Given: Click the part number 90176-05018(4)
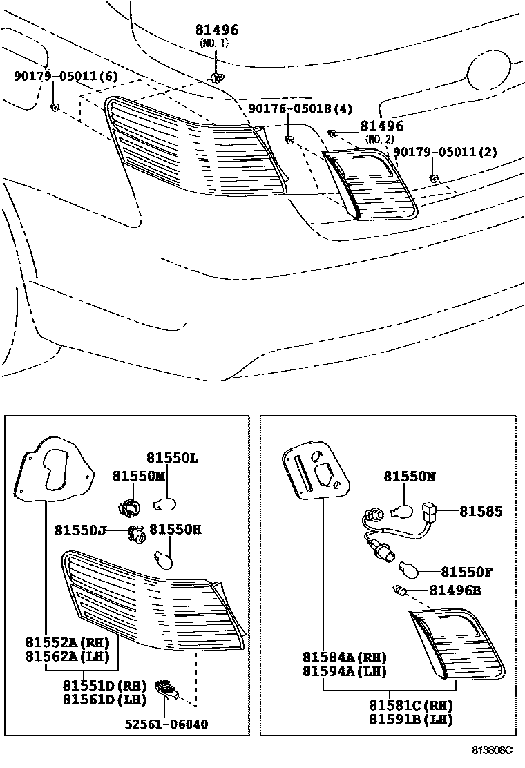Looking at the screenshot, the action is [x=300, y=108].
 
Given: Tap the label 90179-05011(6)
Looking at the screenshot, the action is [x=66, y=75].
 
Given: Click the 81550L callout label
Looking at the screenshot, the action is [x=173, y=457].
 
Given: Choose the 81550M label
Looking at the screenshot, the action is [x=139, y=476].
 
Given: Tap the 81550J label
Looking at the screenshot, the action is [x=80, y=530].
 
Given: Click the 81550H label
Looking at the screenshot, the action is [x=175, y=530].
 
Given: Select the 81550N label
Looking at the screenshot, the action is [x=410, y=476].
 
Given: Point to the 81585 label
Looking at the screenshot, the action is [x=481, y=511].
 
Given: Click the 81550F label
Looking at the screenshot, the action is [x=467, y=572].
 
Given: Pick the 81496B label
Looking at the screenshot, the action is [x=455, y=591].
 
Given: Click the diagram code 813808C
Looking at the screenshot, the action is [x=492, y=750].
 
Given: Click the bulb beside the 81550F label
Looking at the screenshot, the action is [x=408, y=570].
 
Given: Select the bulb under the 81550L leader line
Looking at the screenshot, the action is [x=165, y=503].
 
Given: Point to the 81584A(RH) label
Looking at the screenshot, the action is [x=344, y=657].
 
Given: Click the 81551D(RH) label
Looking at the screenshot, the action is [x=105, y=684].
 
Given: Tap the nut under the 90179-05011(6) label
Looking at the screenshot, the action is [x=55, y=107].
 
